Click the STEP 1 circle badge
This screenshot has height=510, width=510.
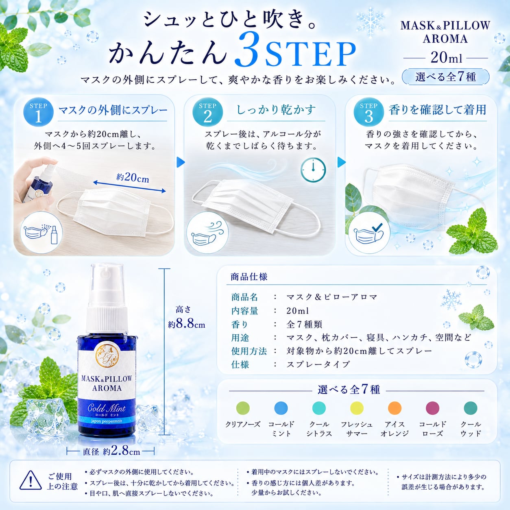pos(39,112)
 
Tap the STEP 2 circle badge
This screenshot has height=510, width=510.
pos(207,112)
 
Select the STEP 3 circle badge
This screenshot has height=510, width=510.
pos(368,112)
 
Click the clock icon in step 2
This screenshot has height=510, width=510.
pos(313,170)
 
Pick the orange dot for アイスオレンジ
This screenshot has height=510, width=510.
pos(394,408)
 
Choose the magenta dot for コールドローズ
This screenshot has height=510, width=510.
pos(432,408)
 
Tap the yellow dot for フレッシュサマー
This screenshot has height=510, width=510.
pos(357,408)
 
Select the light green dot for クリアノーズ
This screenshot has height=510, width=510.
pos(243,408)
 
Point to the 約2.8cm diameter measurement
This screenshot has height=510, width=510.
pos(122,451)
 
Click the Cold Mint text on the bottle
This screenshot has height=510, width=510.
pos(107,408)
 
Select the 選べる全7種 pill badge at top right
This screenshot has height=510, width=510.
pos(446,77)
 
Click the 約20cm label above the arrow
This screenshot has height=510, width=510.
pos(133,177)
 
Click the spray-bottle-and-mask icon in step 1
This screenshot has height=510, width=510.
pos(41,233)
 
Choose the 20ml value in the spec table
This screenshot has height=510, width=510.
pos(297,311)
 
